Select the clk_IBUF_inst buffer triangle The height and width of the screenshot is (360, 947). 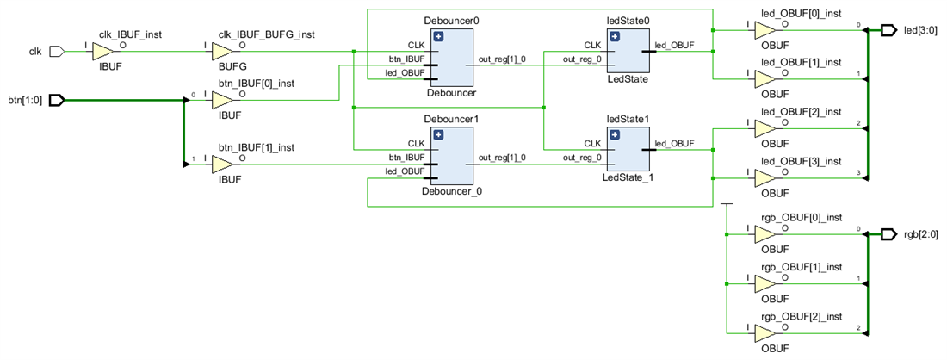click(x=102, y=51)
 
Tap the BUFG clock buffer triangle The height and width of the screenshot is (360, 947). click(x=222, y=51)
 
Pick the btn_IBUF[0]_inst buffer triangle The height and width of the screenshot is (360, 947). click(x=222, y=100)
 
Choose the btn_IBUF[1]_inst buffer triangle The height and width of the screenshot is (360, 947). click(x=222, y=164)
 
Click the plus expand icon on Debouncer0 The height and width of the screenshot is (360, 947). click(x=438, y=36)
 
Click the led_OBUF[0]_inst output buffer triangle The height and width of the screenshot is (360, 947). click(x=764, y=31)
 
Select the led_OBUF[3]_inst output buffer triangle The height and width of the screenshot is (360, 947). click(x=764, y=178)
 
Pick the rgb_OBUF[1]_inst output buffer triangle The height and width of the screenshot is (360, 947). click(x=764, y=282)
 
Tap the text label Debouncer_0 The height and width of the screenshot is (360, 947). click(x=451, y=191)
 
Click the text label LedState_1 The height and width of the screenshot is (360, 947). click(x=628, y=177)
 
